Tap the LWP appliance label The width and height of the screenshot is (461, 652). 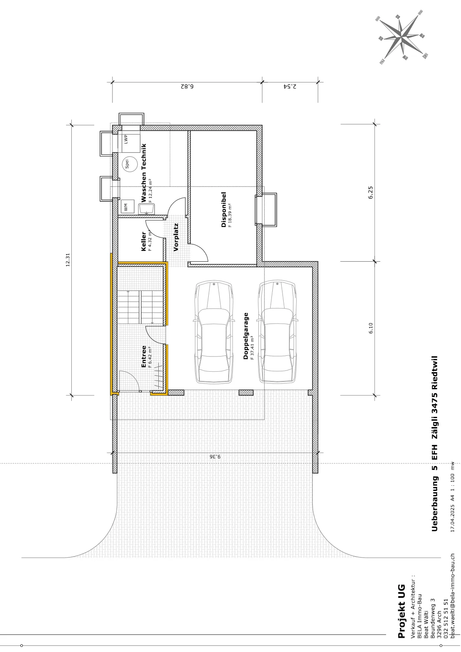126,139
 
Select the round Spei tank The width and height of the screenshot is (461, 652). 130,164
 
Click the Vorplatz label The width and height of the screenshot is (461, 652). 176,237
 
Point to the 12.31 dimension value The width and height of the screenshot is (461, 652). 68,260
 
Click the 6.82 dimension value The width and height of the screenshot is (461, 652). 187,86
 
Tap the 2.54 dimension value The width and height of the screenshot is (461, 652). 290,86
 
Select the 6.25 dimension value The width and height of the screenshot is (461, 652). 371,192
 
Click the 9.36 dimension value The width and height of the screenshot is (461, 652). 215,457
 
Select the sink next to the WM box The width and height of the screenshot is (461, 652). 147,209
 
